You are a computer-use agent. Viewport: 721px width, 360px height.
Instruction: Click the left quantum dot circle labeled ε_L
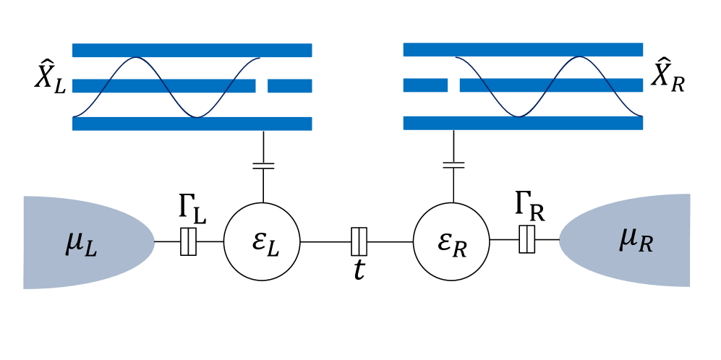point(262,241)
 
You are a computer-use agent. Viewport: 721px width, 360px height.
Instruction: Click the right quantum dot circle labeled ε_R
point(452,241)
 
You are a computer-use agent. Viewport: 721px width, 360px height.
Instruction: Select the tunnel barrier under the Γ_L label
point(188,241)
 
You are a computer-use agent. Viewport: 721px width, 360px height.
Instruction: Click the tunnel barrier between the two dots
point(359,241)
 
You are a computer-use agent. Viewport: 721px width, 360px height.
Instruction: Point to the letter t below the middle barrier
point(358,270)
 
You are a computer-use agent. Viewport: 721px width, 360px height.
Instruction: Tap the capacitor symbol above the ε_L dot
point(263,166)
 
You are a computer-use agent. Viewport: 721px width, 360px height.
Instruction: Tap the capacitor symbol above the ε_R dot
point(453,164)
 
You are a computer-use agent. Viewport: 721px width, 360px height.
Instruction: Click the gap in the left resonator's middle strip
point(262,86)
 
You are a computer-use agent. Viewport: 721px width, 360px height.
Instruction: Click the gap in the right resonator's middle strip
point(453,85)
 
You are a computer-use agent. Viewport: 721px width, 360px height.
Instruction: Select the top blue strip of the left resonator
point(192,50)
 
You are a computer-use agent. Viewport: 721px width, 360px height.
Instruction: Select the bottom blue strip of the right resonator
point(522,123)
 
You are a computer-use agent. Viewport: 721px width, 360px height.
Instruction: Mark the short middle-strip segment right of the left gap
point(289,86)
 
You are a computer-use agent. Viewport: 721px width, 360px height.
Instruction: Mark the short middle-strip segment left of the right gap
point(425,85)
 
